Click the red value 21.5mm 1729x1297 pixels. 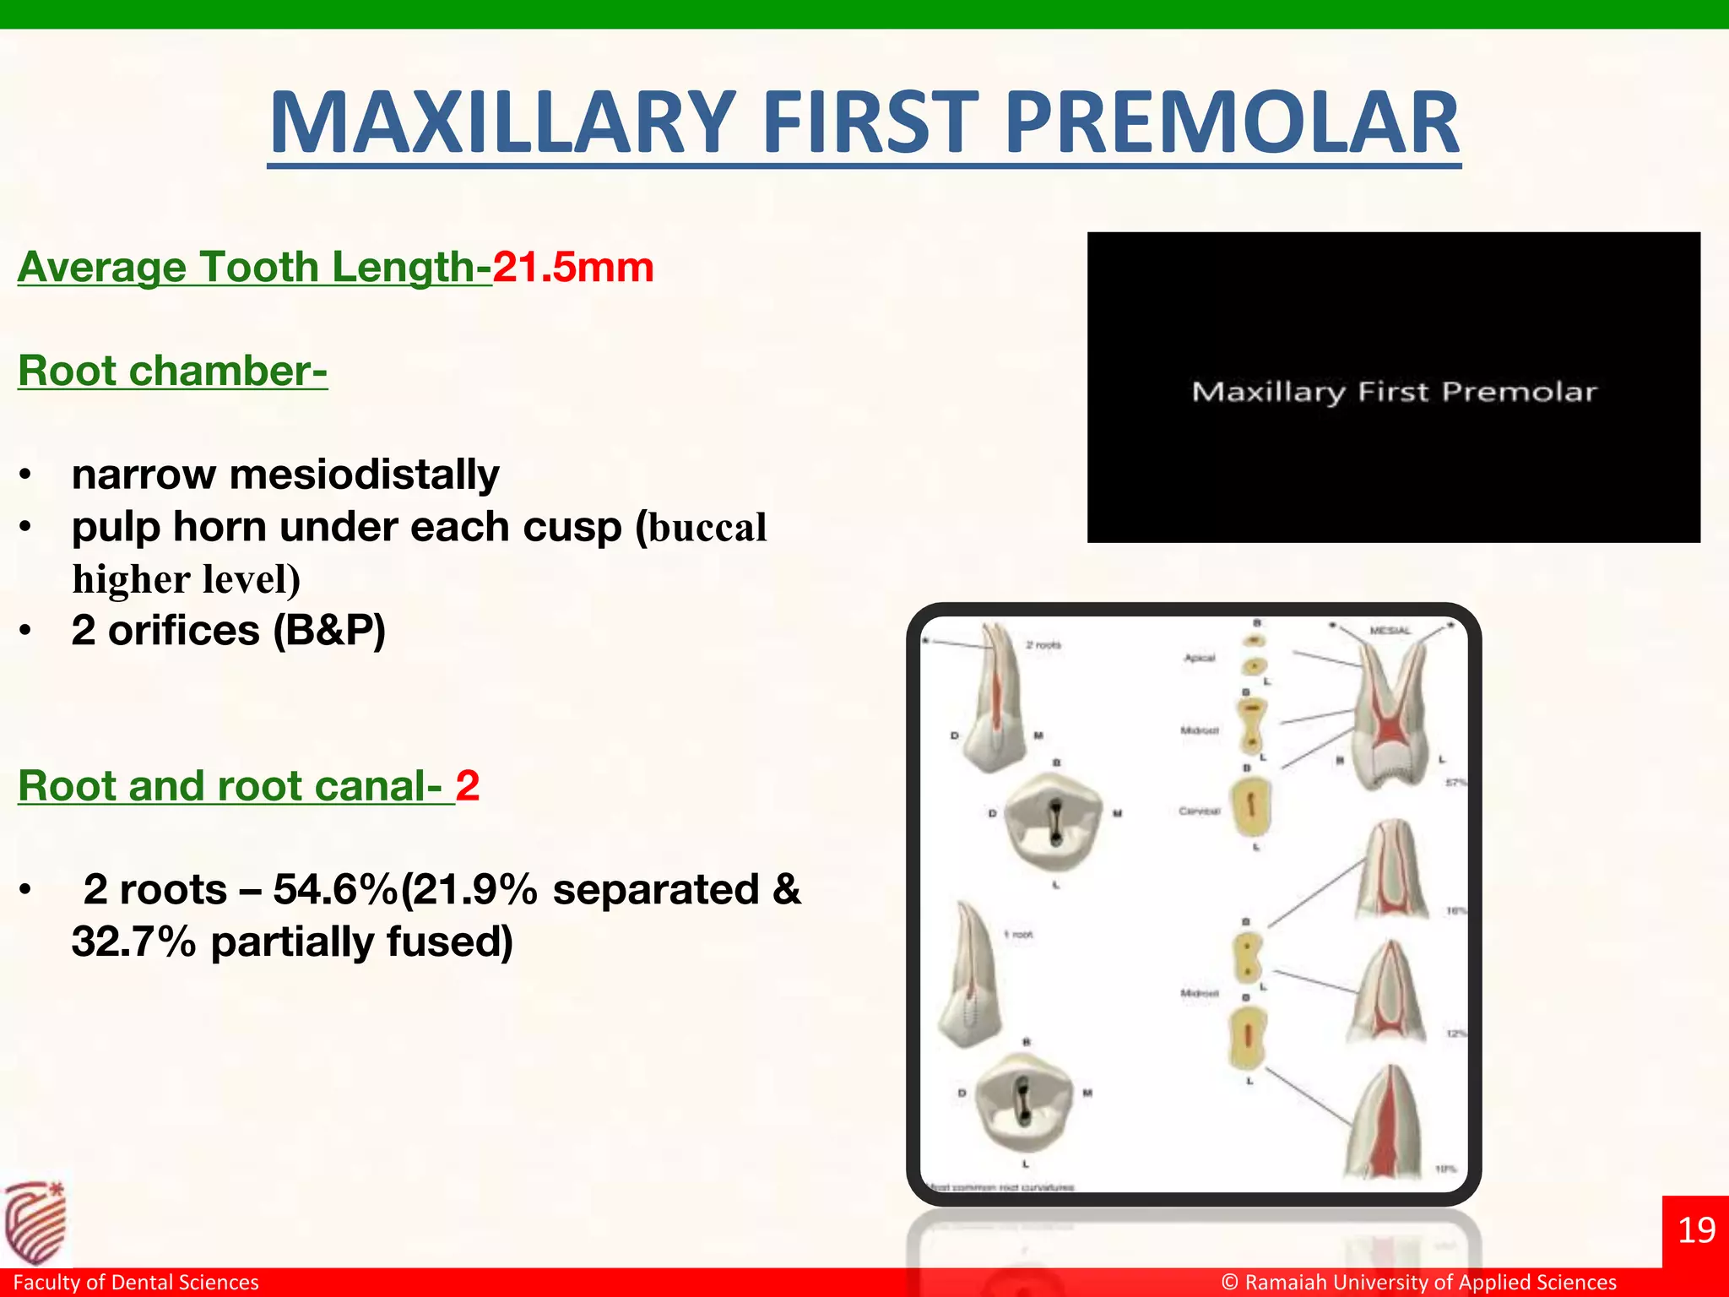tap(573, 267)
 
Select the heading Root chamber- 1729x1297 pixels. tap(172, 371)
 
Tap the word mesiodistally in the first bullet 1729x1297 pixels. tap(364, 474)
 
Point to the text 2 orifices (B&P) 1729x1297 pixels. tap(228, 630)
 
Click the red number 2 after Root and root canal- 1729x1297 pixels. tap(468, 786)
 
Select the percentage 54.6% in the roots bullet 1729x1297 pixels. tap(334, 889)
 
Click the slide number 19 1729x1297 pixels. tap(1695, 1230)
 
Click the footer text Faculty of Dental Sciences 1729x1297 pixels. tap(136, 1282)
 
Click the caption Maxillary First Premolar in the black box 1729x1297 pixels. tap(1394, 392)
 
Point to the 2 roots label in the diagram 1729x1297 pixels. tap(1043, 645)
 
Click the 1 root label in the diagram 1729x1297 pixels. tap(1018, 935)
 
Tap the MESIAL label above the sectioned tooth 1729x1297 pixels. tap(1390, 631)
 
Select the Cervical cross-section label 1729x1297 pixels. tap(1199, 811)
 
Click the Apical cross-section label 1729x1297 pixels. tap(1199, 658)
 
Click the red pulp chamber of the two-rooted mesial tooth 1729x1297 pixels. tap(1388, 728)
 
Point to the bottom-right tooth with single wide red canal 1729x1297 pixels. tap(1385, 1127)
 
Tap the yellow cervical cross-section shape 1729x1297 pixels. tap(1251, 806)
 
